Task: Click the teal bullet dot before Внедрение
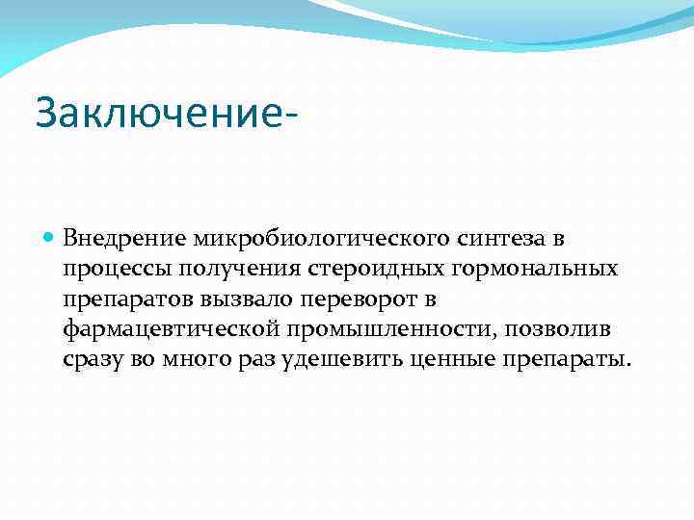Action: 50,237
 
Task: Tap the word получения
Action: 237,268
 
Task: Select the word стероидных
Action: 366,268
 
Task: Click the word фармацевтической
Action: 170,329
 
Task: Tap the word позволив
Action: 567,329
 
